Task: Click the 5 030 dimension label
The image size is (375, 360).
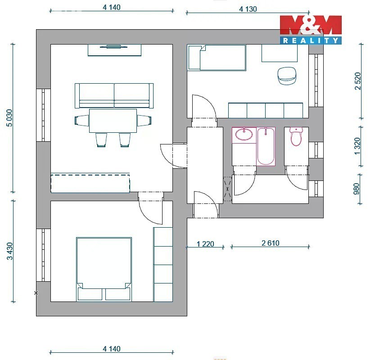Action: point(9,118)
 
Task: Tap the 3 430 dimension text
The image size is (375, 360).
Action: point(10,251)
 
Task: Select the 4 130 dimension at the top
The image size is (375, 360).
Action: point(248,9)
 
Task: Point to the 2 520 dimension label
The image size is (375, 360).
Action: point(357,81)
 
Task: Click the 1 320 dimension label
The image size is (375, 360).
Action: point(357,146)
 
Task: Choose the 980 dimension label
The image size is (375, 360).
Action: point(357,189)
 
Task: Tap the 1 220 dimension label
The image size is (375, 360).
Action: point(205,244)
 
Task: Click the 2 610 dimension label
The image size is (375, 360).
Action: point(271,243)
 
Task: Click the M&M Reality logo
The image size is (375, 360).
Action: point(311,30)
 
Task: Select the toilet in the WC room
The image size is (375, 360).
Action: point(296,136)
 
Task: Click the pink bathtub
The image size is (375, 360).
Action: point(266,146)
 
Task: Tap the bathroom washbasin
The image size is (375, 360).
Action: point(244,134)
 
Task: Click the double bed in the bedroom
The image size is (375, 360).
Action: point(104,269)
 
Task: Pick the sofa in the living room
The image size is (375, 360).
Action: point(114,95)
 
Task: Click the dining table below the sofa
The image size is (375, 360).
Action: point(113,121)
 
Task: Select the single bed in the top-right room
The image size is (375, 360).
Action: point(217,58)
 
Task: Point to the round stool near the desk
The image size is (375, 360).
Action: point(287,76)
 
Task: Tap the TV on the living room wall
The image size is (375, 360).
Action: point(114,46)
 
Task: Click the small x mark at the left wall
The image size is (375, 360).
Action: point(36,292)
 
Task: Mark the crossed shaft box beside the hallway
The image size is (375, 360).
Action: point(227,189)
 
